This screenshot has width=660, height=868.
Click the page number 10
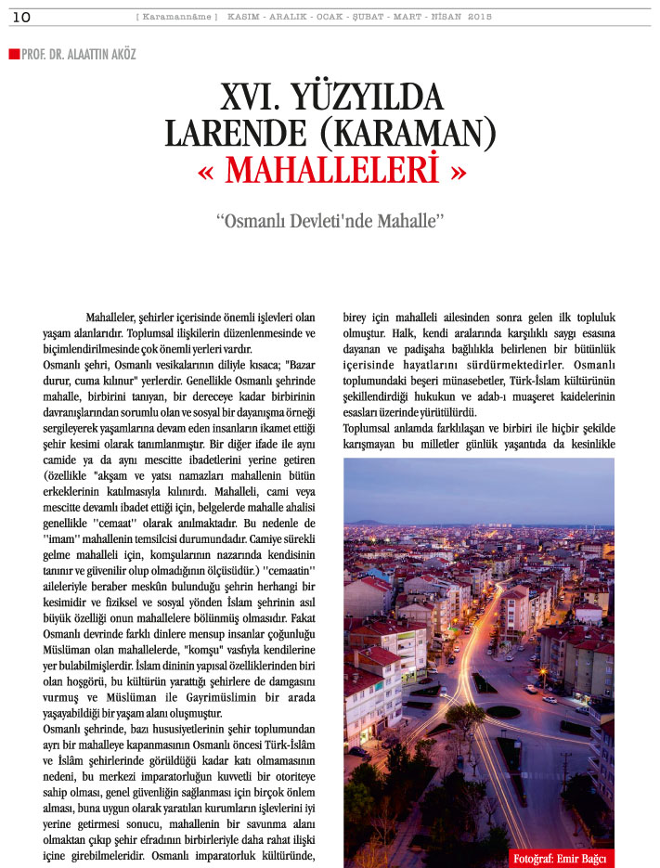pos(21,17)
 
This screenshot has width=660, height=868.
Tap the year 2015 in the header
pos(480,17)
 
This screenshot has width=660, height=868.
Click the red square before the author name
pos(13,54)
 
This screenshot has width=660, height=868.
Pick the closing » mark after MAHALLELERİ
pos(455,172)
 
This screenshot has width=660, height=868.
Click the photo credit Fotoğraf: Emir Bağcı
pos(562,856)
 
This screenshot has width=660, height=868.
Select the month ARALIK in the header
pos(292,17)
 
